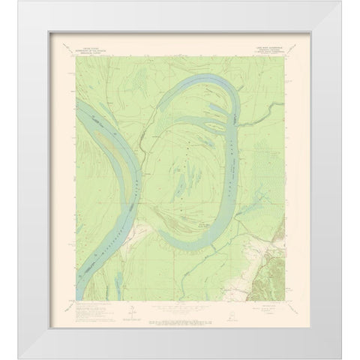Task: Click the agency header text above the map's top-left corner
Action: click(103, 55)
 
